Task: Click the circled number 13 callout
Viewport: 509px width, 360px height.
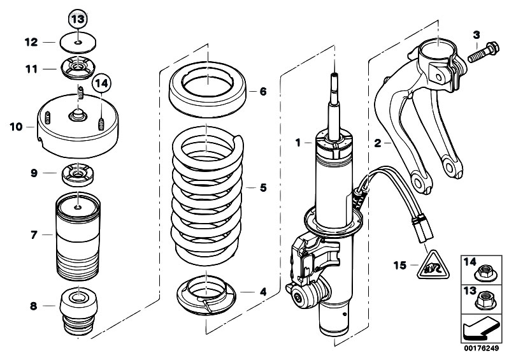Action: [78, 19]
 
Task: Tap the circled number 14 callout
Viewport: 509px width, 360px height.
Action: [101, 83]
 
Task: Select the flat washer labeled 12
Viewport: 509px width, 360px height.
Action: [78, 42]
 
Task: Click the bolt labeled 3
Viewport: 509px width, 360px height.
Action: [483, 53]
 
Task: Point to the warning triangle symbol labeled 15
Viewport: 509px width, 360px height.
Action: [434, 266]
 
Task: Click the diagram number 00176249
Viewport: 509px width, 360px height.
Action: [481, 349]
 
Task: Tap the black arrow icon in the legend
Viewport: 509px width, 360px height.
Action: [480, 329]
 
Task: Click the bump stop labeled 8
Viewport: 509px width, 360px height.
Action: [78, 312]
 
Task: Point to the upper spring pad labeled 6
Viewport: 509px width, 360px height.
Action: [208, 89]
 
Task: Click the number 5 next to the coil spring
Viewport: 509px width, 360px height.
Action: [263, 187]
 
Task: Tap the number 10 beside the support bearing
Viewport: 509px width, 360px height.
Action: [16, 127]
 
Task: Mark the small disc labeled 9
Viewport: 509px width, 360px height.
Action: [78, 175]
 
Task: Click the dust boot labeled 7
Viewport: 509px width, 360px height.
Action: [78, 236]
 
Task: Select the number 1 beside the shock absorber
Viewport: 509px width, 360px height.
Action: [298, 143]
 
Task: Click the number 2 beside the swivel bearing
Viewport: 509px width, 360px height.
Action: [378, 143]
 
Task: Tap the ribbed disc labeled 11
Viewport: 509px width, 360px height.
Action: [78, 68]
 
